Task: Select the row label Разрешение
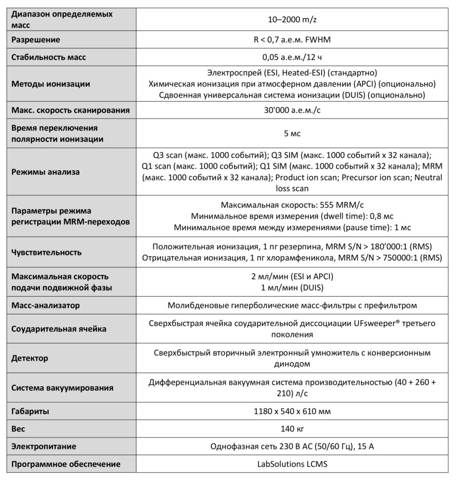tap(35, 39)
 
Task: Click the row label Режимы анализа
tap(45, 172)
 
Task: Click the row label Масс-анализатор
tap(45, 305)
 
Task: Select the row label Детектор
tap(29, 358)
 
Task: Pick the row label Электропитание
tap(44, 446)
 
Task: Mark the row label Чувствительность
tap(46, 252)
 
